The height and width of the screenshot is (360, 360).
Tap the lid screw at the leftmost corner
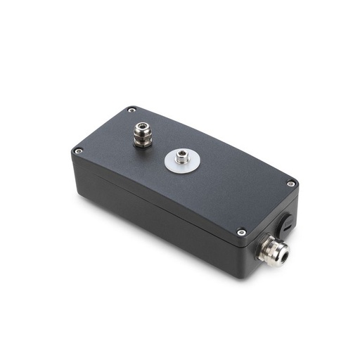78,150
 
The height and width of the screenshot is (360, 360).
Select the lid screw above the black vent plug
290,184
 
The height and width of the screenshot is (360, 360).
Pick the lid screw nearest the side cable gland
241,232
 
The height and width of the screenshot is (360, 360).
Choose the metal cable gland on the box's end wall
271,249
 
